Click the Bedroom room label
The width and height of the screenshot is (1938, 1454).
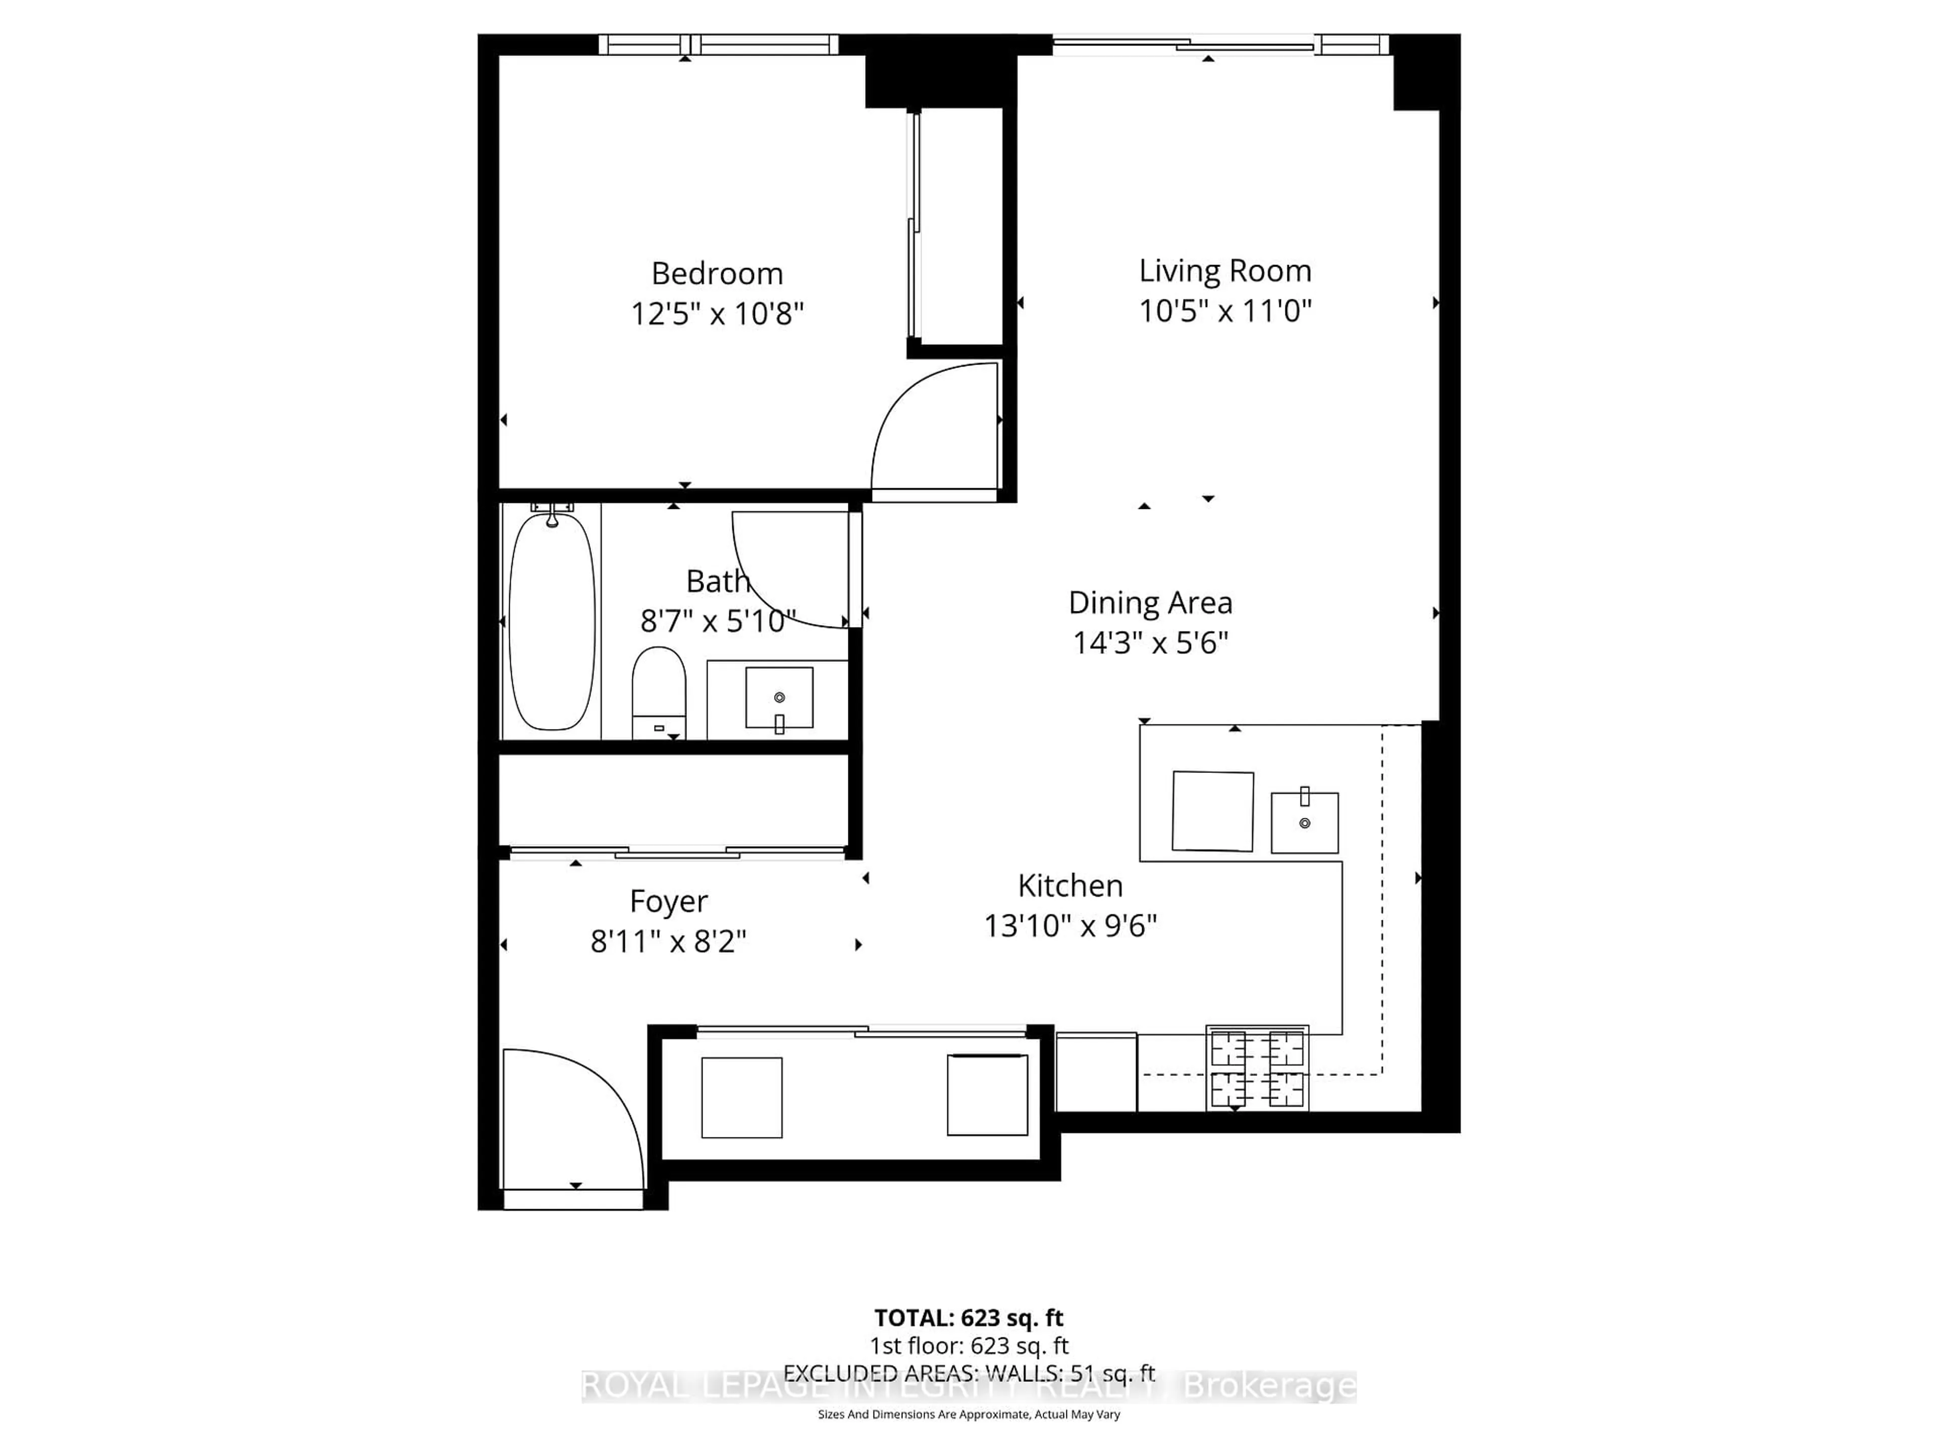(x=717, y=274)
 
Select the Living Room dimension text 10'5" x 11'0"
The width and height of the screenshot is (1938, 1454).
(x=1225, y=311)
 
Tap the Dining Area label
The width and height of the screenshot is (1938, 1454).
(x=1150, y=603)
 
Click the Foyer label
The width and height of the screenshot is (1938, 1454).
(x=669, y=901)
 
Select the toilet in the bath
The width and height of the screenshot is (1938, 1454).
(x=659, y=692)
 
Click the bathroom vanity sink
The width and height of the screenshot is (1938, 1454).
(x=779, y=698)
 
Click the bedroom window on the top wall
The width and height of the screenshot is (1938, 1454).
(x=719, y=44)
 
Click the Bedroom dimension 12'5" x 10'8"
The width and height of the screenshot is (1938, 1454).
(x=717, y=314)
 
